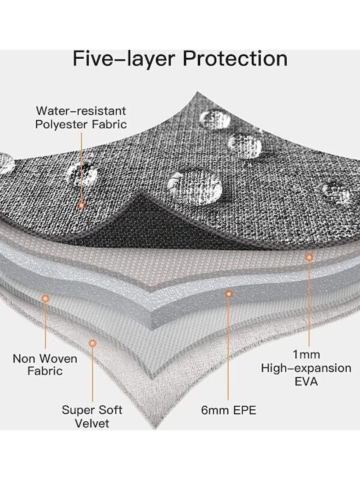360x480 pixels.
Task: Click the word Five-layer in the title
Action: click(x=124, y=59)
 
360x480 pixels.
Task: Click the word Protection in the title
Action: click(x=235, y=58)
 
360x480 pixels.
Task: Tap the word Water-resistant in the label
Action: click(x=81, y=111)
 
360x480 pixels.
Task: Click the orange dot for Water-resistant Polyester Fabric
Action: click(x=81, y=205)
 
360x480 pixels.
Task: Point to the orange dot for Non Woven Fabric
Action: click(x=45, y=299)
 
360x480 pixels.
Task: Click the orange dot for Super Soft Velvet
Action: click(x=93, y=343)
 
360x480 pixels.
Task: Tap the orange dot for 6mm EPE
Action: click(x=229, y=294)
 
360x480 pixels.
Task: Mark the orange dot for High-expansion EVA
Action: click(x=309, y=257)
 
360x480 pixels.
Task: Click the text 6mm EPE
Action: click(x=229, y=410)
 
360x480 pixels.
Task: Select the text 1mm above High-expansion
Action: click(x=306, y=355)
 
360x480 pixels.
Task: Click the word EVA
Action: click(x=306, y=381)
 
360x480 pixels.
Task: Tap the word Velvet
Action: click(x=92, y=423)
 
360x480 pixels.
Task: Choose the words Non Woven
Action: click(x=45, y=359)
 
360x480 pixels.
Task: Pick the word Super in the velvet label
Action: click(x=76, y=410)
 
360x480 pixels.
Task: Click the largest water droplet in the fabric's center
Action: click(x=195, y=185)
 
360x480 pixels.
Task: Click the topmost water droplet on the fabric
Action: click(x=215, y=118)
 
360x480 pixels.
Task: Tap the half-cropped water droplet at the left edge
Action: click(x=6, y=164)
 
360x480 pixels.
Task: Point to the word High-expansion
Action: click(x=306, y=368)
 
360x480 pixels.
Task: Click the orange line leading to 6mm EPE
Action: click(x=229, y=349)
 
